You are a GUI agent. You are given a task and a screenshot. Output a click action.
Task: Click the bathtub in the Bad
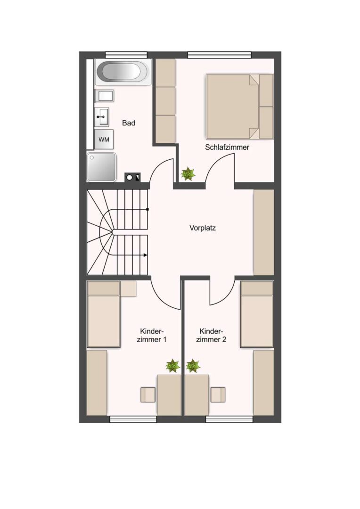(123, 72)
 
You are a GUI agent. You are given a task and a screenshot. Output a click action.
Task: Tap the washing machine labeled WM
(104, 139)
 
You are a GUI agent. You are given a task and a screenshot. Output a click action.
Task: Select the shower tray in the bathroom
(101, 167)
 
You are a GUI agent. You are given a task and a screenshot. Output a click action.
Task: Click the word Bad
(129, 123)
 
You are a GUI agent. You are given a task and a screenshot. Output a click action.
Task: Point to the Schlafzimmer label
(227, 148)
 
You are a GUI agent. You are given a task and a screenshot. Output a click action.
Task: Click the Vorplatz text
(203, 228)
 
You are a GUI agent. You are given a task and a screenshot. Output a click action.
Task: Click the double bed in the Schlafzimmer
(240, 107)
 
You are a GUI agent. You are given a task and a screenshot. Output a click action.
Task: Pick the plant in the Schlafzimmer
(188, 174)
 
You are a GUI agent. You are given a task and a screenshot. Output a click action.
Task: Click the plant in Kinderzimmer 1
(172, 366)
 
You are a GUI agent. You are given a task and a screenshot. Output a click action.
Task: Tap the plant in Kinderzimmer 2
(193, 366)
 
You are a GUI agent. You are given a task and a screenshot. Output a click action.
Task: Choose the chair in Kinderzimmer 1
(148, 395)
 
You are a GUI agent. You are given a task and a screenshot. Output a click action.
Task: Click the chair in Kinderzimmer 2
(218, 395)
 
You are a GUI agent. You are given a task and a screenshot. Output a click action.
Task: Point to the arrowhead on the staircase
(145, 255)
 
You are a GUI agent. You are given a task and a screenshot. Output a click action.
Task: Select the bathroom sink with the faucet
(102, 116)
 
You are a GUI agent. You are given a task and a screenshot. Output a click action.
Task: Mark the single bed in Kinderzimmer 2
(256, 314)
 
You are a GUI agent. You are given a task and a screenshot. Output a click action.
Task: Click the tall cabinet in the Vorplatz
(263, 232)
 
